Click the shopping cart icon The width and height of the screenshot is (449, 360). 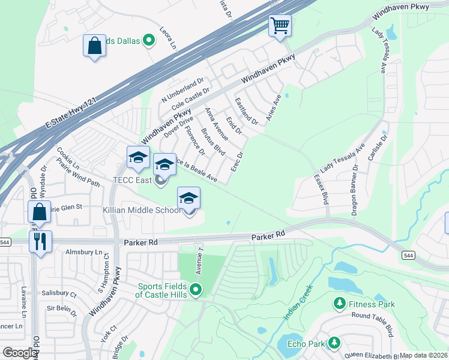(280, 26)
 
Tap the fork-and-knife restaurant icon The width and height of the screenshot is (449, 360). (40, 242)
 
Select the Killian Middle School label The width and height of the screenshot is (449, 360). (142, 210)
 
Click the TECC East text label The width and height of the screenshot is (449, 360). (130, 180)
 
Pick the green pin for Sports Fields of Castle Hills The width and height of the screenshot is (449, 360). (196, 290)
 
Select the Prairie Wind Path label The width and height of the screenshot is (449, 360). (77, 174)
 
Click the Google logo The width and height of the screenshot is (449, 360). (20, 353)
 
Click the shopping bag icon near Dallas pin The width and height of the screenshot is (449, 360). (95, 46)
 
